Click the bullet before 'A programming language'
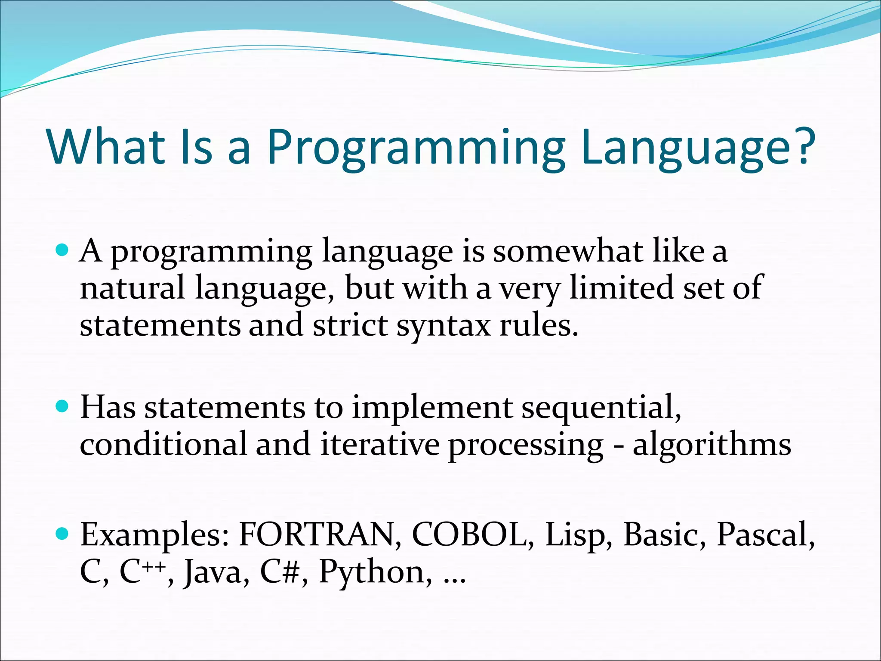[63, 250]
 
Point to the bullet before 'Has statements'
[63, 406]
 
